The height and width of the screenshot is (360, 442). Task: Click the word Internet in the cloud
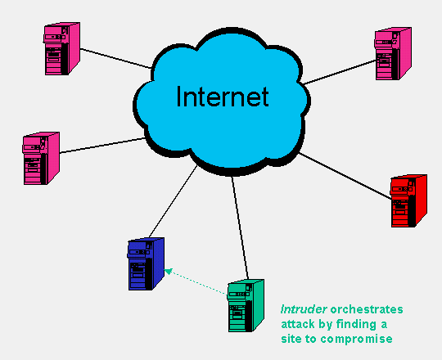tap(223, 97)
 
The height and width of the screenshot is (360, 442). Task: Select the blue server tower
tap(146, 264)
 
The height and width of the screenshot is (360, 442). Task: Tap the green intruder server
tap(246, 306)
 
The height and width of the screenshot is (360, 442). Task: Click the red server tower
tap(408, 200)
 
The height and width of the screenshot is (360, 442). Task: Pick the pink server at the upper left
tap(61, 49)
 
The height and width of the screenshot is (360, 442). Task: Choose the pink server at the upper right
tap(393, 54)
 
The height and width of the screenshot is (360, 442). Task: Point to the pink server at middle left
tap(41, 158)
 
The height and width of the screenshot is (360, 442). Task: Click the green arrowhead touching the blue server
tap(168, 272)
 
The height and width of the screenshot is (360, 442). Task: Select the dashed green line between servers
tap(196, 283)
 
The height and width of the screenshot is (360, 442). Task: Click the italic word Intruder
tap(304, 309)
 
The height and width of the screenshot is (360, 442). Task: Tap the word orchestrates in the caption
tap(367, 309)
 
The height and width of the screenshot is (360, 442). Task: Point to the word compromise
tap(356, 339)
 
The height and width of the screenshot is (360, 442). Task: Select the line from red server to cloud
tap(345, 176)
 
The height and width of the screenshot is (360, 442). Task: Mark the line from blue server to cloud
tap(173, 201)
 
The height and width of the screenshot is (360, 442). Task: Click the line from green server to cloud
tap(240, 228)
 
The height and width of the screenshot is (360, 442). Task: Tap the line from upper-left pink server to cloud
tap(116, 58)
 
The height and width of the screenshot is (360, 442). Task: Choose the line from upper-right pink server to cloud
tap(340, 72)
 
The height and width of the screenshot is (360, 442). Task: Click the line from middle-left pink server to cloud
tap(102, 146)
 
